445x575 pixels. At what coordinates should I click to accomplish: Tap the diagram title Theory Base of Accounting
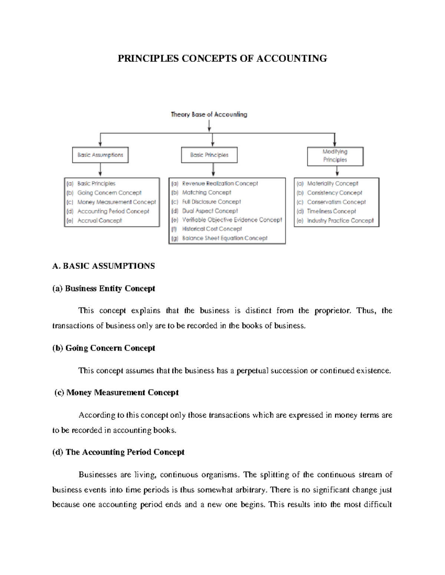[209, 114]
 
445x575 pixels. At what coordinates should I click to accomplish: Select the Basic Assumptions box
[100, 155]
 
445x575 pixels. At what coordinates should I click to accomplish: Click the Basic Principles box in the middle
[209, 155]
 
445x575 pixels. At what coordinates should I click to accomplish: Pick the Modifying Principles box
[335, 156]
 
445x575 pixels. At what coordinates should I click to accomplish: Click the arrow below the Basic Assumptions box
[100, 170]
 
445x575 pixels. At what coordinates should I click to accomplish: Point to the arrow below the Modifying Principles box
[337, 171]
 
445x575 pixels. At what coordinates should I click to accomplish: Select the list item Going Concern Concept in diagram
[109, 193]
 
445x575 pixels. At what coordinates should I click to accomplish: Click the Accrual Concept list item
[99, 221]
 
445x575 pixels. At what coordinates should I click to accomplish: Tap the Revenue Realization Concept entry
[220, 184]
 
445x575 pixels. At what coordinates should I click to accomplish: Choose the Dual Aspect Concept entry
[210, 211]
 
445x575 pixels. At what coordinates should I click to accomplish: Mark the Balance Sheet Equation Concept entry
[224, 238]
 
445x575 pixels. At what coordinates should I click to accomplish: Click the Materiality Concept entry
[332, 184]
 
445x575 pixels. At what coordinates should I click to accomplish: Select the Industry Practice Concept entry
[340, 221]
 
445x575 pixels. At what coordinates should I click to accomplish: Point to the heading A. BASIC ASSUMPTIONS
[103, 266]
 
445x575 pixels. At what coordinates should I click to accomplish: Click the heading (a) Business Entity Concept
[103, 288]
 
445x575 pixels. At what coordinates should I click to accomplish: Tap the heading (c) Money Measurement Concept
[116, 392]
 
